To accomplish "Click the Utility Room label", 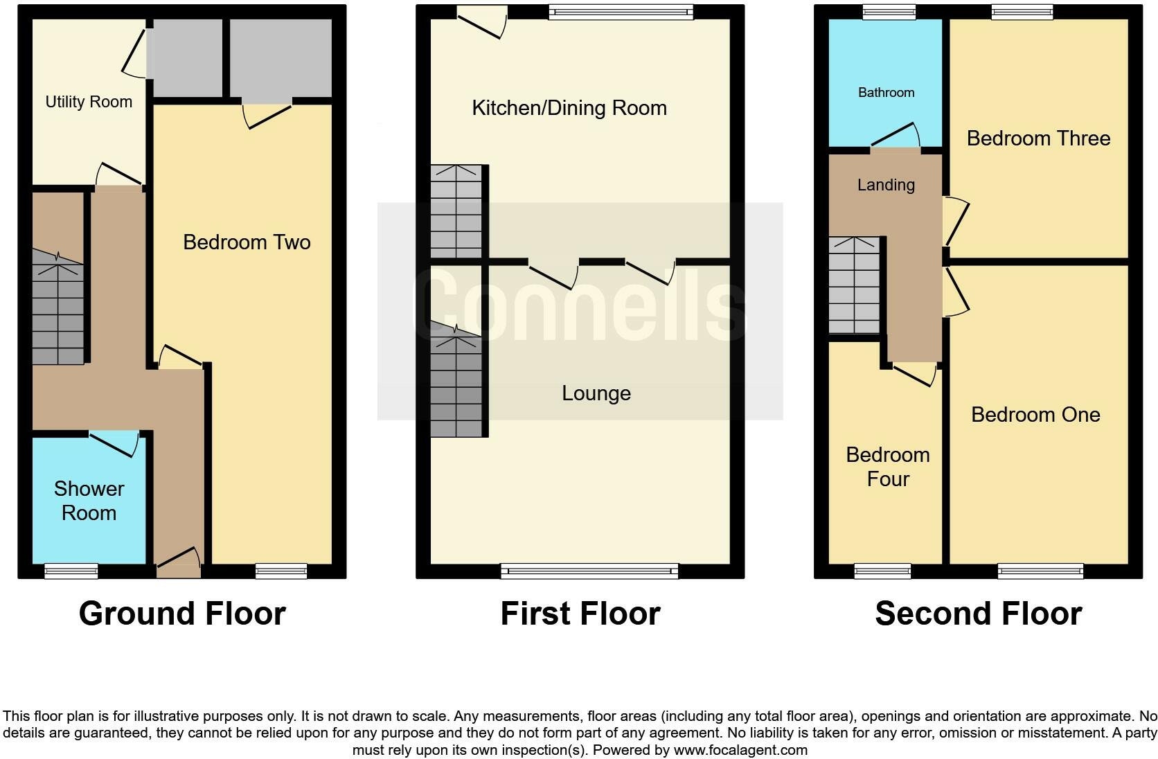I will (x=89, y=102).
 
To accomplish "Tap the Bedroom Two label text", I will (x=247, y=242).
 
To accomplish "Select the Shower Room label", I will (x=89, y=501).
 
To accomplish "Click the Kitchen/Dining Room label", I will (x=569, y=108).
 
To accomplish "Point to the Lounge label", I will (x=596, y=393).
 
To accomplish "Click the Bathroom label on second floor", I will (x=886, y=93).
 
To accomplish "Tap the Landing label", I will (x=886, y=185).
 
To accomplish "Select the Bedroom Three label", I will (x=1037, y=139).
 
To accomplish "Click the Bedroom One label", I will (x=1035, y=415).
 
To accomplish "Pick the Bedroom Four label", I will (x=888, y=467).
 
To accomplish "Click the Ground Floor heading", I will (x=182, y=614).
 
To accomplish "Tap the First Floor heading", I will (x=580, y=614).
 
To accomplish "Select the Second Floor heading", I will (x=978, y=614).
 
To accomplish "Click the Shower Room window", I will (x=71, y=571).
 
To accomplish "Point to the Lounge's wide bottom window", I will (x=589, y=571).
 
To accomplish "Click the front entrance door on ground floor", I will (x=178, y=564).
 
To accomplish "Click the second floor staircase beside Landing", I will (x=854, y=285).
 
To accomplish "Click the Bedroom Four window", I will (x=882, y=571).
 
